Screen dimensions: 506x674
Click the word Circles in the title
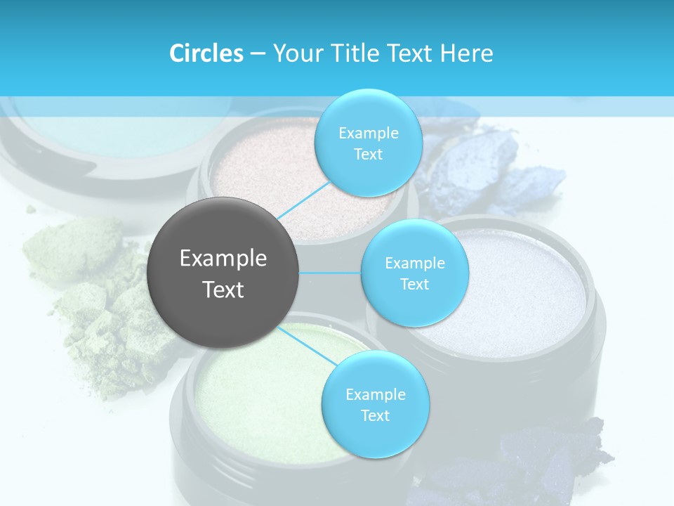pyautogui.click(x=206, y=53)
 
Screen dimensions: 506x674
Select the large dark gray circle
pyautogui.click(x=223, y=273)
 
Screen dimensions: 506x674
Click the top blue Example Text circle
pyautogui.click(x=368, y=143)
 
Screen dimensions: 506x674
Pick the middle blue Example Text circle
pyautogui.click(x=414, y=273)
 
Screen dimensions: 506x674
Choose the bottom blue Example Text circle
pyautogui.click(x=375, y=404)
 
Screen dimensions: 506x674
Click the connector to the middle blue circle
pyautogui.click(x=330, y=273)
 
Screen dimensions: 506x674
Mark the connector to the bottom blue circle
pyautogui.click(x=308, y=345)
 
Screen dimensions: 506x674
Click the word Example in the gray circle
pyautogui.click(x=223, y=259)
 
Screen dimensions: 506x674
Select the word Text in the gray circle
pyautogui.click(x=223, y=290)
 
